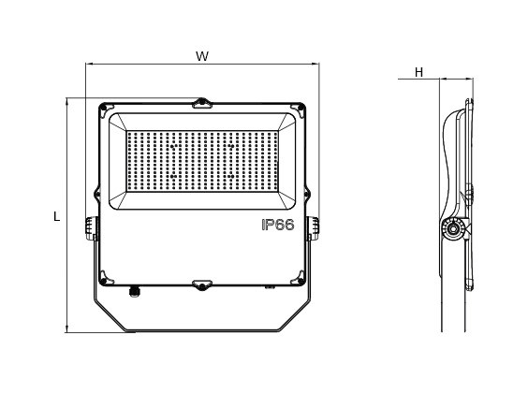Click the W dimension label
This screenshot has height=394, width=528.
[202, 56]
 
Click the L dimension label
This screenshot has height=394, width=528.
[56, 216]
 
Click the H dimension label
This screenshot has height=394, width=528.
[418, 72]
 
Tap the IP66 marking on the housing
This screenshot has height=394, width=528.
[278, 225]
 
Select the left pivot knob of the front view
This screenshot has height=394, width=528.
[91, 228]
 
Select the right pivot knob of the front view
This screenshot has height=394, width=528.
[314, 228]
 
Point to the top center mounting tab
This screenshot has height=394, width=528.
[202, 103]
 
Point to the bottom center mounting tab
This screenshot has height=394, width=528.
[202, 285]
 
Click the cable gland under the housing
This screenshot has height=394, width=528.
[134, 292]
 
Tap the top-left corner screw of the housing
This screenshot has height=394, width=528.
[104, 108]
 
